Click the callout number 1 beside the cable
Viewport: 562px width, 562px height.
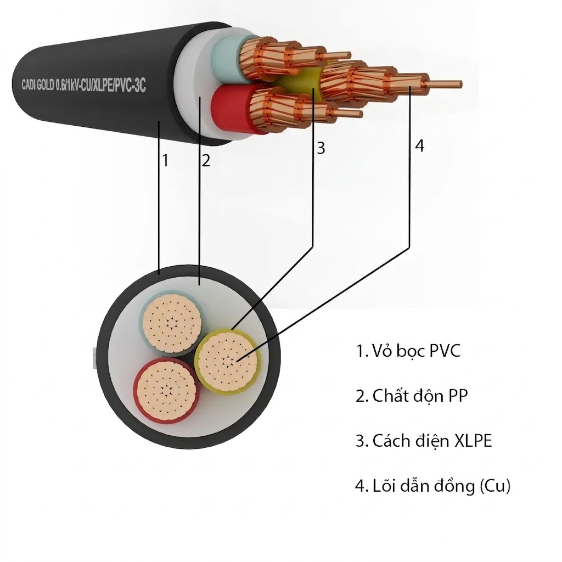click(x=165, y=160)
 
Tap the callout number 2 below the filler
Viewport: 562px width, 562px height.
click(x=205, y=160)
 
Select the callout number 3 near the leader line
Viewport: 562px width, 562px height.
click(x=321, y=148)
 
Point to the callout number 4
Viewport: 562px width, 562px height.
click(x=419, y=145)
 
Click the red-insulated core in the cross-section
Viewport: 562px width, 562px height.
click(x=166, y=391)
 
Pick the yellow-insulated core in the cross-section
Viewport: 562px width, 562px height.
click(x=228, y=361)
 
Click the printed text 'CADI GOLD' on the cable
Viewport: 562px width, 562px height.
click(x=38, y=85)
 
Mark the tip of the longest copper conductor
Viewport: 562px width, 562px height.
click(x=461, y=85)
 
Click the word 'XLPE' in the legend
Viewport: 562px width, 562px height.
click(x=473, y=441)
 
